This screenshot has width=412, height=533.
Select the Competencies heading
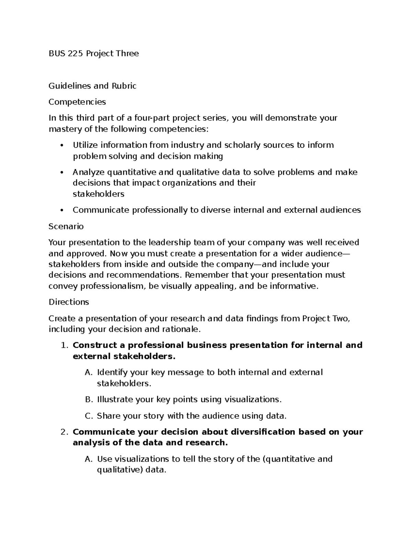(x=77, y=102)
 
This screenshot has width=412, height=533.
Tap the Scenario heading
(x=66, y=227)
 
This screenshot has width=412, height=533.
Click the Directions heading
(x=69, y=302)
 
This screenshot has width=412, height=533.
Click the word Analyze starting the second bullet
(x=89, y=172)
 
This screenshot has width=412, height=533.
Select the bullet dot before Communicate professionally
(x=62, y=210)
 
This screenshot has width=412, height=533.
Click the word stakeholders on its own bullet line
(x=98, y=194)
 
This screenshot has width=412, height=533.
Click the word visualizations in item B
(x=253, y=399)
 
